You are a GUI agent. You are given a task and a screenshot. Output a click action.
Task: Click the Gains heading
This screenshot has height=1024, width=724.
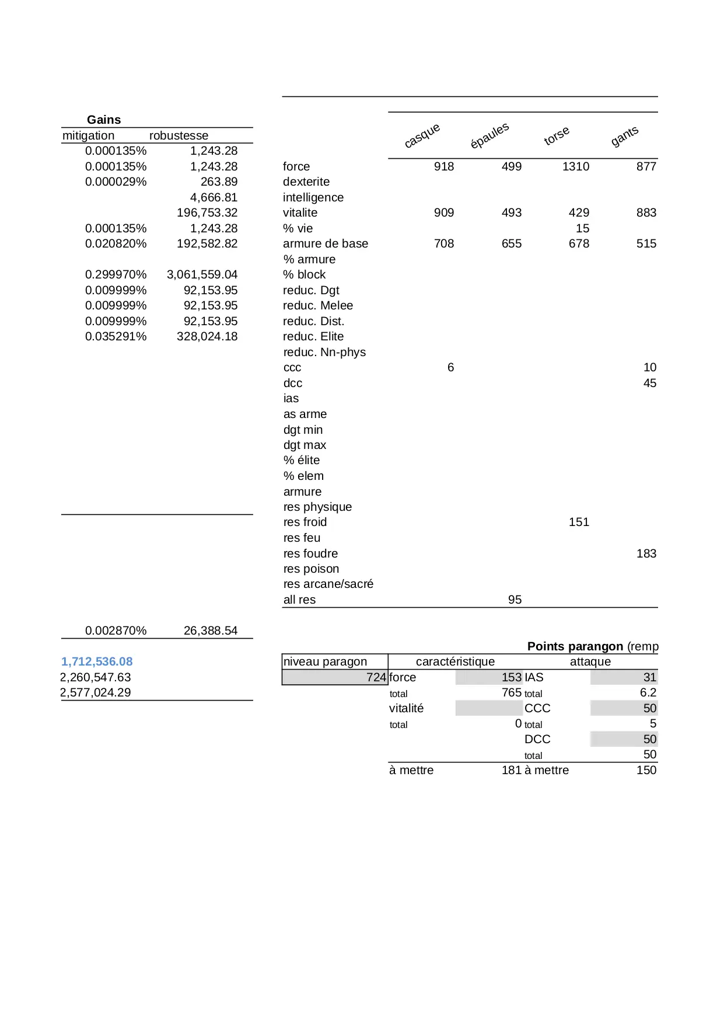(x=104, y=120)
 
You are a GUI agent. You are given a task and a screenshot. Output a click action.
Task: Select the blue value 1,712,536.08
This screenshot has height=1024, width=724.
(x=97, y=661)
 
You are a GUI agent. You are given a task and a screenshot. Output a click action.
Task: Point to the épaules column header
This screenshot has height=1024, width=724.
(x=490, y=135)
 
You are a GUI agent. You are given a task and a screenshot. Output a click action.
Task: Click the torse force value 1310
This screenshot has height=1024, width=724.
(x=576, y=166)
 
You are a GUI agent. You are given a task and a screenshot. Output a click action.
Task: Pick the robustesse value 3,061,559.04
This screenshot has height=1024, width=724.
(x=202, y=274)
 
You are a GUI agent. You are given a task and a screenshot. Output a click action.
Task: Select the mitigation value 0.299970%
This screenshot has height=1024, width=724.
(x=116, y=274)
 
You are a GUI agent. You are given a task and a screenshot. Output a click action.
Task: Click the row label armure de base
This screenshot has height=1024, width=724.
(x=326, y=243)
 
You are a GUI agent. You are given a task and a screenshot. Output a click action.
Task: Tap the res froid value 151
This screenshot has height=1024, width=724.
(x=579, y=522)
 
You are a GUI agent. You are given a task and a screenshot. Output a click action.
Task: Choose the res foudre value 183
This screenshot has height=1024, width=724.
(x=646, y=553)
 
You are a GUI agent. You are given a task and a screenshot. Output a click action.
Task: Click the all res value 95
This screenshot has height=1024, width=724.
(x=515, y=600)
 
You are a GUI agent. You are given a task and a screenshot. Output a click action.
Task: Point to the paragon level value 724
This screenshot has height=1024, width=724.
(x=376, y=677)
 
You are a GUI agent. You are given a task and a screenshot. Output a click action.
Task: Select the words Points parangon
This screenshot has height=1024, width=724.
(x=575, y=646)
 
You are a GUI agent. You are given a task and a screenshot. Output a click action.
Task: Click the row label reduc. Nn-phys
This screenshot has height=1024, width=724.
(x=324, y=352)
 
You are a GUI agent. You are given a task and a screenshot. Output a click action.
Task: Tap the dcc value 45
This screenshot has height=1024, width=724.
(x=650, y=383)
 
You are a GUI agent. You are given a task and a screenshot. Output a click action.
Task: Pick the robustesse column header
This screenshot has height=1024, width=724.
(x=179, y=135)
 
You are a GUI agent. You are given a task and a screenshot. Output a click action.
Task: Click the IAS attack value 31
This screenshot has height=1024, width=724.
(x=650, y=677)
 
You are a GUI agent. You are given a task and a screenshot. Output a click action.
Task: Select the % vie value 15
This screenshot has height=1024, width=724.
(x=582, y=228)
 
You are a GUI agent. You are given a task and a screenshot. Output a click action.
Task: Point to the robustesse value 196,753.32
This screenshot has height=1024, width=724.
(x=207, y=213)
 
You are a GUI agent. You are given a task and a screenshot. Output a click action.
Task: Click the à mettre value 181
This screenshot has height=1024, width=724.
(x=512, y=770)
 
